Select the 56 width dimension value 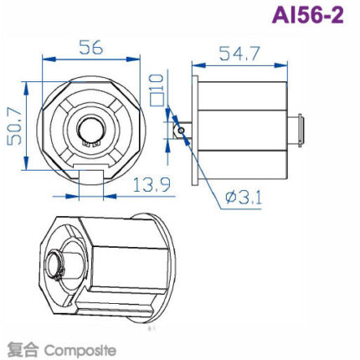point(91,49)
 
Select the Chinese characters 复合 point(20,348)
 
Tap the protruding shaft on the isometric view point(56,266)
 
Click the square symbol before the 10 point(157,102)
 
